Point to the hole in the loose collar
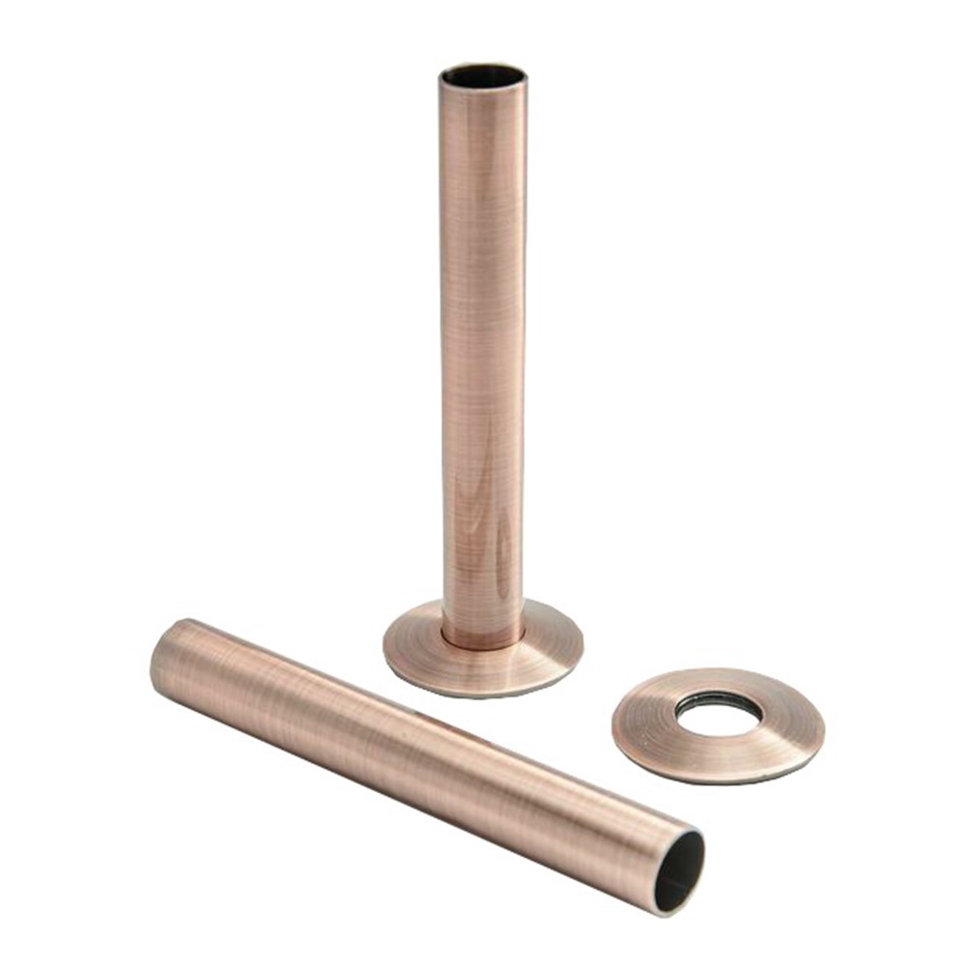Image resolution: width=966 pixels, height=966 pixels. tap(717, 710)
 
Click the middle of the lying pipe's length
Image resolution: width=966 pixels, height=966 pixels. tap(425, 763)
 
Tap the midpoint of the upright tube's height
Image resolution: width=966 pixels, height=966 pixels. tap(484, 357)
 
